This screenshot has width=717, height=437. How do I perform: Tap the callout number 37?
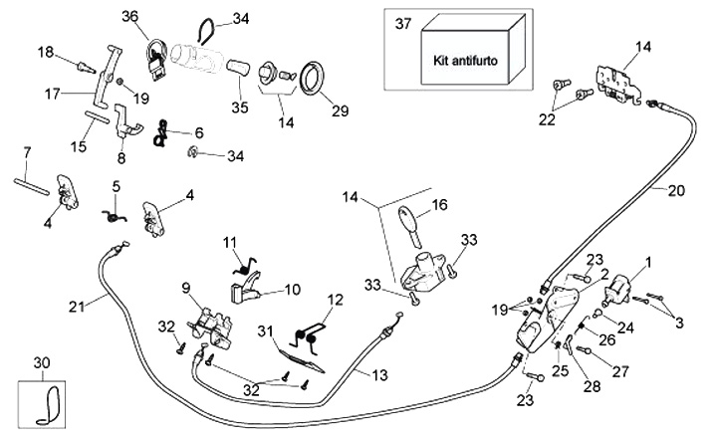click(402, 22)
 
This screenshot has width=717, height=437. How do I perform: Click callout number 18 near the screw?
click(46, 52)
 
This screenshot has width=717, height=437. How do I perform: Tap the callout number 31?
click(266, 330)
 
